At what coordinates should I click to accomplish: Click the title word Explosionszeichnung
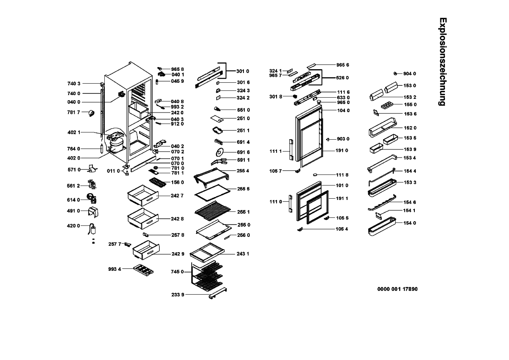point(443,62)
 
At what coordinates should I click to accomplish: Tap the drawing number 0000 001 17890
point(397,289)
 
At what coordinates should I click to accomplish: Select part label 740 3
point(74,84)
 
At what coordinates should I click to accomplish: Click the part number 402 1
point(74,132)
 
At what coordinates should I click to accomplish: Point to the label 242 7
point(177,196)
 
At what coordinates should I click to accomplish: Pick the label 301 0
point(243,71)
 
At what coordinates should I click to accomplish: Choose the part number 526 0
point(342,78)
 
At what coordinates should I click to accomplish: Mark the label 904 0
point(410,73)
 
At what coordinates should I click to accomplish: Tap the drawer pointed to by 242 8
point(143,218)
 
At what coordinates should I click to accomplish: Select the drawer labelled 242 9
point(146,250)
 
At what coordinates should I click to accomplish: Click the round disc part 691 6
point(219,152)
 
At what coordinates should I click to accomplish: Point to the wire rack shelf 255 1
point(212,211)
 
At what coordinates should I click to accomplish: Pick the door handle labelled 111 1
point(291,150)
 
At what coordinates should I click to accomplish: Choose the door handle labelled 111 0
point(291,203)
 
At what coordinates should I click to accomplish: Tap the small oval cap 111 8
point(315,174)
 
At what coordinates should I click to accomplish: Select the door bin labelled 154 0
point(382,226)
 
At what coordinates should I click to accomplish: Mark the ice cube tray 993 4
point(143,270)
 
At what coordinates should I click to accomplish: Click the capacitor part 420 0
point(92,229)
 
